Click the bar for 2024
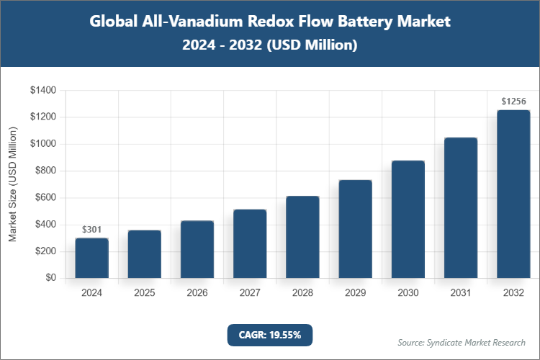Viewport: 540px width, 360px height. [x=91, y=258]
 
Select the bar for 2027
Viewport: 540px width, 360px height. [x=250, y=243]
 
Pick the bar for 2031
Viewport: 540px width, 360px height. [x=461, y=207]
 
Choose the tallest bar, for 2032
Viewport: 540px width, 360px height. [x=513, y=194]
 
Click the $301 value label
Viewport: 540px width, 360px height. [x=91, y=230]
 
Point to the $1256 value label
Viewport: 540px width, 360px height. [x=513, y=102]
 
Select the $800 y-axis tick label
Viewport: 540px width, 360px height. [x=45, y=171]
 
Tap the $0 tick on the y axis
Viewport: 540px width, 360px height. [x=51, y=278]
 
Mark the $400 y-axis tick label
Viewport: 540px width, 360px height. [x=45, y=225]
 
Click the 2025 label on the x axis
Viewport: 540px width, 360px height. [x=144, y=293]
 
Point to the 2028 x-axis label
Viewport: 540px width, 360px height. [x=302, y=293]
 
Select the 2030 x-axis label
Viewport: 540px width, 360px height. [x=408, y=293]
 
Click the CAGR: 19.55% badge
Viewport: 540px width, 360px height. [x=270, y=335]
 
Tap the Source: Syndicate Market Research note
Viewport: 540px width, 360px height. [x=461, y=342]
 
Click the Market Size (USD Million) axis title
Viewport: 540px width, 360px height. [x=12, y=184]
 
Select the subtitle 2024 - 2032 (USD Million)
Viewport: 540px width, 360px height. [x=270, y=45]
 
